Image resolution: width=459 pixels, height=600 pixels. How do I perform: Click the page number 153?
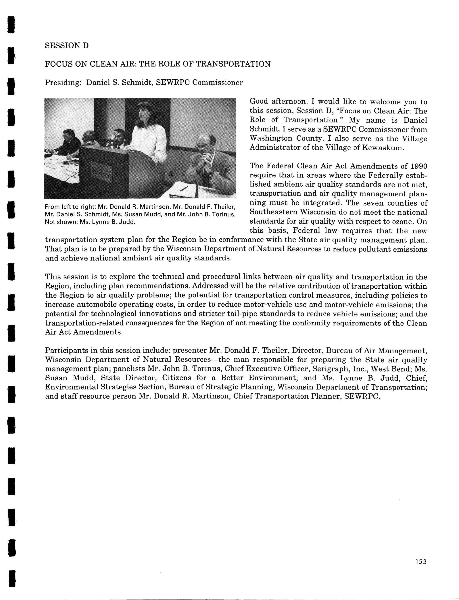(x=421, y=561)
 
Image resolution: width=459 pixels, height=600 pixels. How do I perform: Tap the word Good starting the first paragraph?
(x=259, y=102)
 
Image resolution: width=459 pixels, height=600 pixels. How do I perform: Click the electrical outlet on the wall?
(x=171, y=174)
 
